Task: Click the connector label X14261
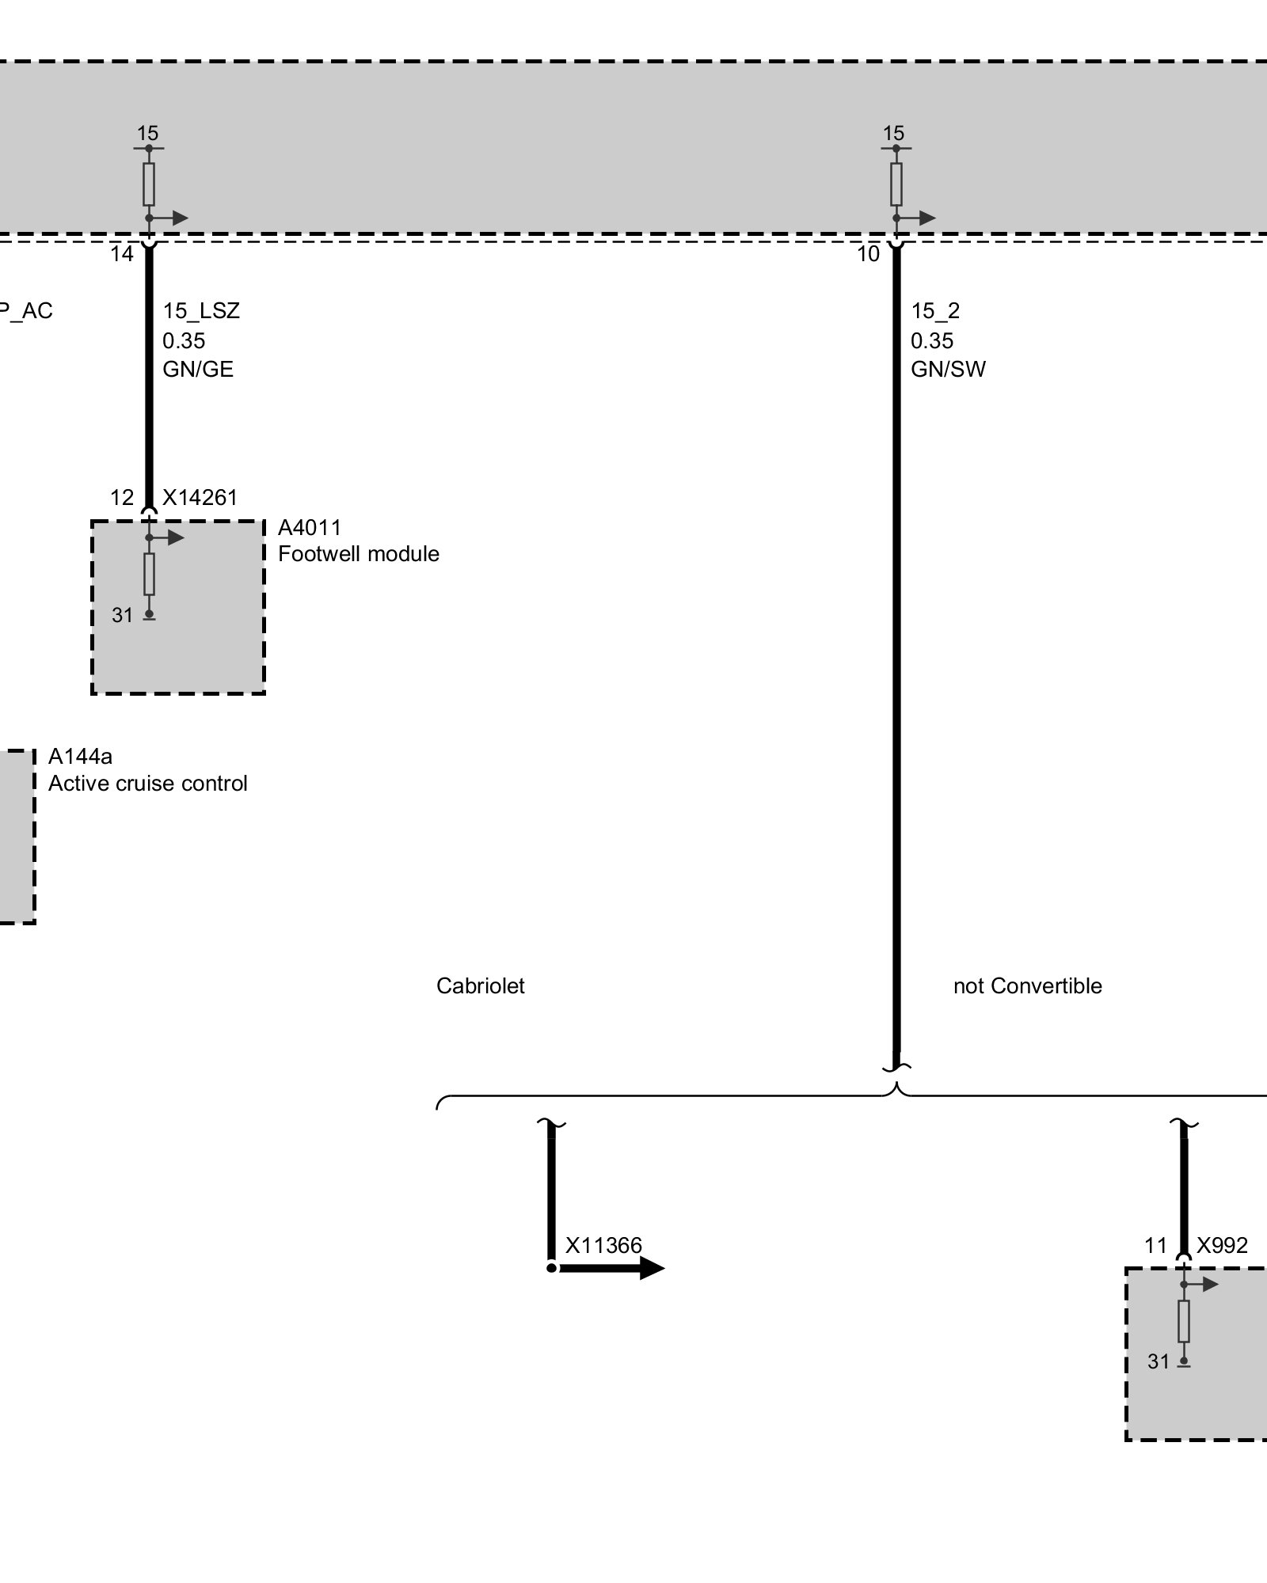pyautogui.click(x=200, y=497)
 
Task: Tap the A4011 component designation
pyautogui.click(x=309, y=528)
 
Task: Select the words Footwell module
pyautogui.click(x=358, y=554)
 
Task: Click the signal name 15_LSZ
pyautogui.click(x=201, y=310)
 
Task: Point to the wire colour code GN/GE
pyautogui.click(x=198, y=370)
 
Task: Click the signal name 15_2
pyautogui.click(x=934, y=310)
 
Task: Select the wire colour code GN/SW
pyautogui.click(x=948, y=370)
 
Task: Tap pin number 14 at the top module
pyautogui.click(x=122, y=254)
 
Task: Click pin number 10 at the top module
pyautogui.click(x=869, y=254)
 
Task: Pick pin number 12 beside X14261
pyautogui.click(x=122, y=497)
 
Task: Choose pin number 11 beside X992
pyautogui.click(x=1155, y=1246)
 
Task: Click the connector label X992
pyautogui.click(x=1222, y=1246)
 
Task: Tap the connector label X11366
pyautogui.click(x=603, y=1246)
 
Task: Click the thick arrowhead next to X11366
pyautogui.click(x=651, y=1268)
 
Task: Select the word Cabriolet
pyautogui.click(x=480, y=986)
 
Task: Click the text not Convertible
pyautogui.click(x=1027, y=986)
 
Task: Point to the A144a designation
pyautogui.click(x=80, y=757)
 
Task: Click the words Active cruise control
pyautogui.click(x=147, y=784)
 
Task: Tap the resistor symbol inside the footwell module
pyautogui.click(x=149, y=574)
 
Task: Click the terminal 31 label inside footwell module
pyautogui.click(x=122, y=615)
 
